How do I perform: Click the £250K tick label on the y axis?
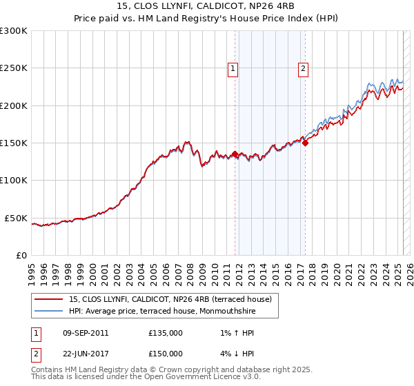pyautogui.click(x=14, y=68)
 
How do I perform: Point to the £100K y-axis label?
pyautogui.click(x=14, y=181)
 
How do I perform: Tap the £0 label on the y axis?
pyautogui.click(x=21, y=255)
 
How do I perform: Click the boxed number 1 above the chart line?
pyautogui.click(x=233, y=68)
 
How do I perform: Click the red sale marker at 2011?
pyautogui.click(x=235, y=154)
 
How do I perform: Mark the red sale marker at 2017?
pyautogui.click(x=305, y=143)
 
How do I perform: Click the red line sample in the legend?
pyautogui.click(x=49, y=299)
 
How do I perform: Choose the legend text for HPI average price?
pyautogui.click(x=161, y=311)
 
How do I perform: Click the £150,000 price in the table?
pyautogui.click(x=165, y=354)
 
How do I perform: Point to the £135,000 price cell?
pyautogui.click(x=165, y=333)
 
